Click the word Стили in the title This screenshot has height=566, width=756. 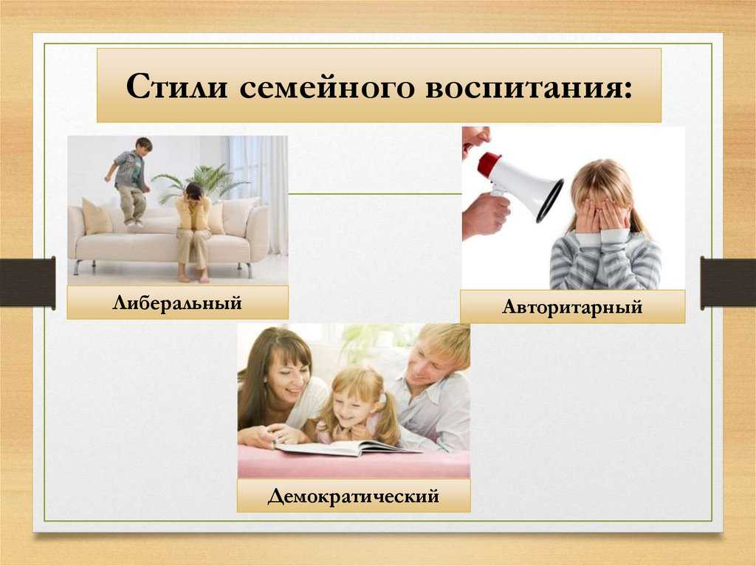(x=176, y=86)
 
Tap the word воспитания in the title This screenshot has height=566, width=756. (x=528, y=88)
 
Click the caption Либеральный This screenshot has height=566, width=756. (x=177, y=303)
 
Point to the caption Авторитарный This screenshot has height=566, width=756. (x=572, y=307)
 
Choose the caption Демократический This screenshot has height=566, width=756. (x=354, y=496)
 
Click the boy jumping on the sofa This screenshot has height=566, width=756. (x=129, y=182)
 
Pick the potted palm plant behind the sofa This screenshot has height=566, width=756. (x=202, y=182)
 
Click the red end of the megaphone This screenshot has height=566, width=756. (x=489, y=164)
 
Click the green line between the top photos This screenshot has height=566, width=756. (x=375, y=194)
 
